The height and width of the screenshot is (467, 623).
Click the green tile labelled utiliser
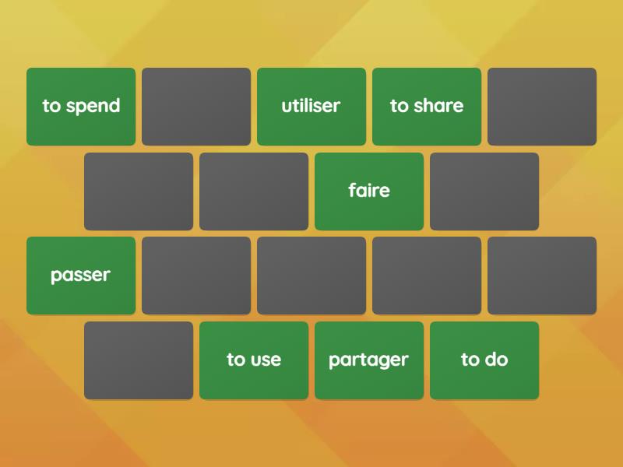tap(311, 107)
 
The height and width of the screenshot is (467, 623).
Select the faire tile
tap(369, 191)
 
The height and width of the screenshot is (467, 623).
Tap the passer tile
tap(81, 276)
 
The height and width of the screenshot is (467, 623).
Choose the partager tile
tap(369, 360)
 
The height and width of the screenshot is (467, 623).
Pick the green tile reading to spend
tap(81, 107)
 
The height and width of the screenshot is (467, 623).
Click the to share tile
tap(427, 107)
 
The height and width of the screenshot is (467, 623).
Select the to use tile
tap(254, 360)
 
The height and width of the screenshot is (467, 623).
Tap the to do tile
tap(484, 360)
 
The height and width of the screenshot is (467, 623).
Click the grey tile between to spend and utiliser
tap(196, 107)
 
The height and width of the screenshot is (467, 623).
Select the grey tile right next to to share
tap(542, 107)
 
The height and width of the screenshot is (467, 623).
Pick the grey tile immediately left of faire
tap(254, 191)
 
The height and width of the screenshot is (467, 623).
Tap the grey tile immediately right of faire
tap(484, 191)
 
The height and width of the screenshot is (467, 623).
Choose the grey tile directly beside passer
tap(196, 276)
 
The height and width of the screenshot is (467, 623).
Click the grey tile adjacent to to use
tap(139, 360)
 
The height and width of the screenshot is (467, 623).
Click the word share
tap(438, 106)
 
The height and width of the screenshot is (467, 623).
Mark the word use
tap(266, 360)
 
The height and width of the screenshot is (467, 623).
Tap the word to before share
tap(399, 106)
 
